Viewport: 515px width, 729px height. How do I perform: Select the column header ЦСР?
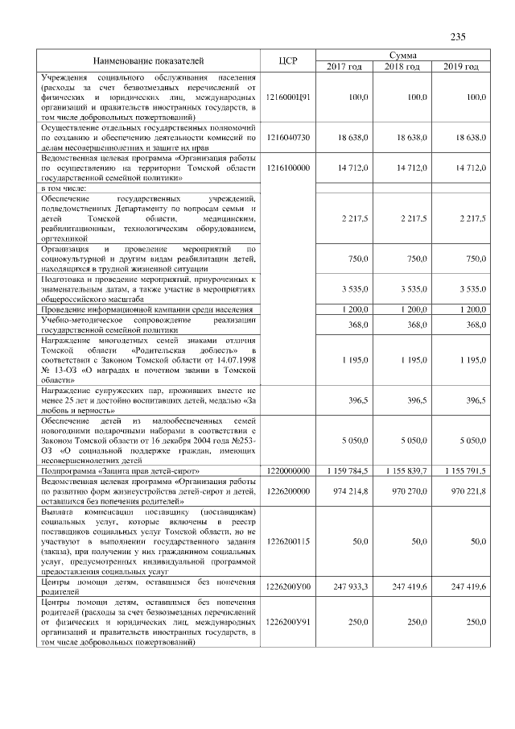click(288, 60)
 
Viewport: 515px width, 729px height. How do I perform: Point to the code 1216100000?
click(288, 168)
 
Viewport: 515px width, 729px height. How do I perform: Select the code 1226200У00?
click(288, 587)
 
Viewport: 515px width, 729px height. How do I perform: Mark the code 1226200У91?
click(288, 623)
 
